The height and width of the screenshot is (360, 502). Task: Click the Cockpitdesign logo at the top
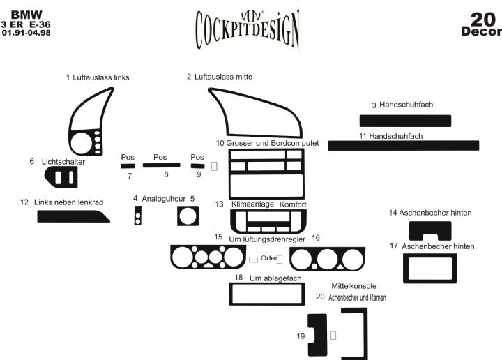click(x=248, y=28)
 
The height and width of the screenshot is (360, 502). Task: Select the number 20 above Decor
click(x=482, y=18)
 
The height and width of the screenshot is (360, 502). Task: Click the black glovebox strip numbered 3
click(x=405, y=120)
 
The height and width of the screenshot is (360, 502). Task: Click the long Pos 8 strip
click(x=161, y=166)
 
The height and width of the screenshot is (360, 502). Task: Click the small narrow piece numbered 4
click(x=137, y=218)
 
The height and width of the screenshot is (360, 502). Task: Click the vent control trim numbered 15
click(x=206, y=257)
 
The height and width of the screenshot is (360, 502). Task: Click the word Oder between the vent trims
click(x=268, y=257)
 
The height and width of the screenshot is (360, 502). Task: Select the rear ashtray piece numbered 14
click(x=429, y=230)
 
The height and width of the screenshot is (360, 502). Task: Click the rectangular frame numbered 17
click(x=429, y=269)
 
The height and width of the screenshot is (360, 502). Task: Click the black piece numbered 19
click(x=317, y=335)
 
